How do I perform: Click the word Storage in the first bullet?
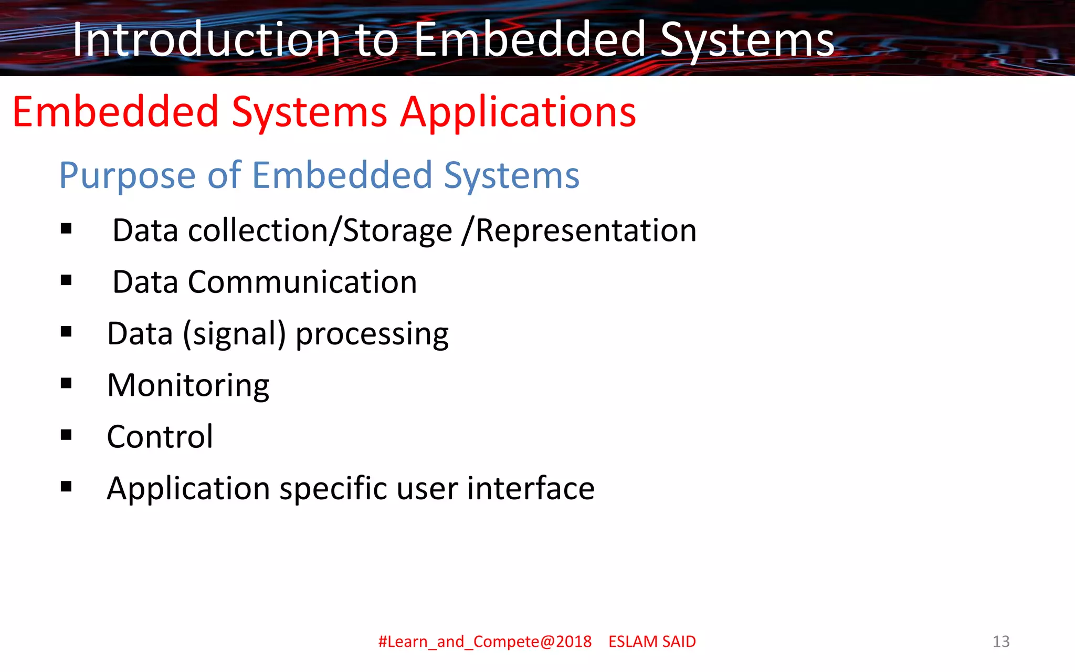point(397,231)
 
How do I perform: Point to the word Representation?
point(586,231)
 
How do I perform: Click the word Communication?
point(302,282)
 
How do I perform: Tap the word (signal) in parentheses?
point(234,334)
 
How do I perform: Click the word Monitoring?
point(188,386)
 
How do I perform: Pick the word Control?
point(160,437)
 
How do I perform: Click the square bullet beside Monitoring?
point(66,383)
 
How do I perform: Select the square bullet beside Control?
point(66,435)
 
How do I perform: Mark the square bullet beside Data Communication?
point(66,280)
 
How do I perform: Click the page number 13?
point(1000,642)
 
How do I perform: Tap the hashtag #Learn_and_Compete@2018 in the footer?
point(484,642)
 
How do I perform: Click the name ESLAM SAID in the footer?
point(652,642)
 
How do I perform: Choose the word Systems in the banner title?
point(746,41)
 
